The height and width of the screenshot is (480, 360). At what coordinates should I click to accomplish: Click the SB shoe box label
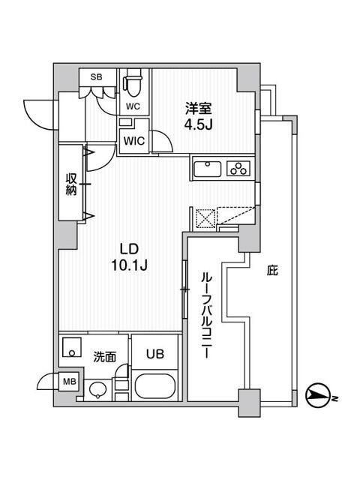click(96, 76)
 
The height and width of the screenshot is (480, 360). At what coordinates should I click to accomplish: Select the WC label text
click(133, 106)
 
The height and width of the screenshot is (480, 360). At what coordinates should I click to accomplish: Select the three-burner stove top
click(238, 169)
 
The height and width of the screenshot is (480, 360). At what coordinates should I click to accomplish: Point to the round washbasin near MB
click(97, 389)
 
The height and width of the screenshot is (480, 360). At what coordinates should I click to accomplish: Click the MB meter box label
click(67, 380)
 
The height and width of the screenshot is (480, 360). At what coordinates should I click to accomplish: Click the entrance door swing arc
click(37, 112)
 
